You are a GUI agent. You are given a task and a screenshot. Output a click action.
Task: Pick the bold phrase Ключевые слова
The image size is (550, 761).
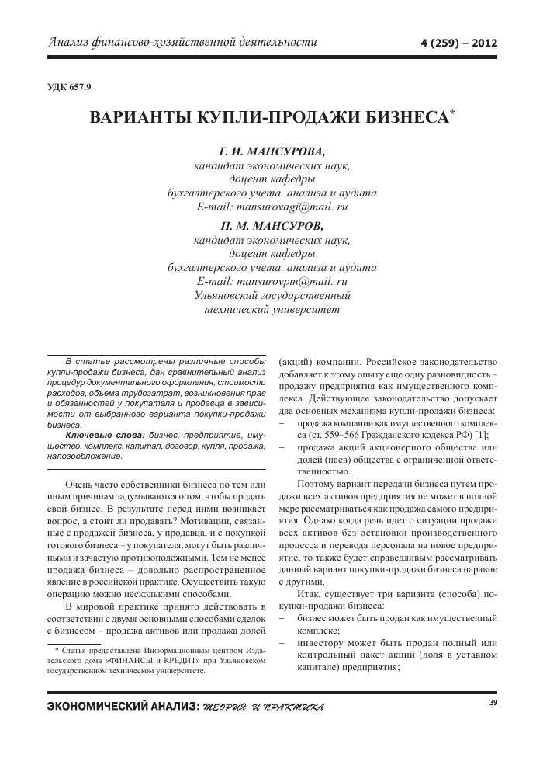[105, 436]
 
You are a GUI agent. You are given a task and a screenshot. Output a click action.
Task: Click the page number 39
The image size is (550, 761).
[493, 703]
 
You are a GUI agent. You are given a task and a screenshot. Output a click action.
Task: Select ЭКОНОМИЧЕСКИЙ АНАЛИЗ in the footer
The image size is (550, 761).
[122, 707]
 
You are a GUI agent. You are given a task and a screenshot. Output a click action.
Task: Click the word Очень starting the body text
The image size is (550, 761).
[80, 484]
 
